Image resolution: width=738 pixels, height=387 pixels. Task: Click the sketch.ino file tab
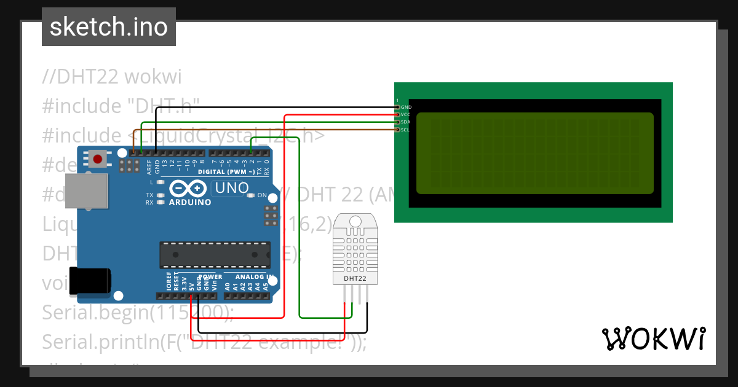(109, 27)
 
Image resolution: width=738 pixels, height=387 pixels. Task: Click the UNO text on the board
(231, 188)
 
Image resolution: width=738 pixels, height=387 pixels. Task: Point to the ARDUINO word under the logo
(190, 202)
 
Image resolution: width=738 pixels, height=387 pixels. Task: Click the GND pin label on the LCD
(406, 107)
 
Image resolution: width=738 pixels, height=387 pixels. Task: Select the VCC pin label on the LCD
(405, 114)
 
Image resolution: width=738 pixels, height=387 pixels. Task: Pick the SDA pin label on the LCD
(405, 122)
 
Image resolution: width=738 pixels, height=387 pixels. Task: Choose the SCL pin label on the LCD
(405, 130)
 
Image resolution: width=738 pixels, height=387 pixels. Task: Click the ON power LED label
(262, 195)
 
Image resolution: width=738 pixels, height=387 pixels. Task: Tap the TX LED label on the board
(149, 195)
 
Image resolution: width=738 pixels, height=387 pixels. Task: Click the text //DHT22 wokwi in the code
(111, 77)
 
